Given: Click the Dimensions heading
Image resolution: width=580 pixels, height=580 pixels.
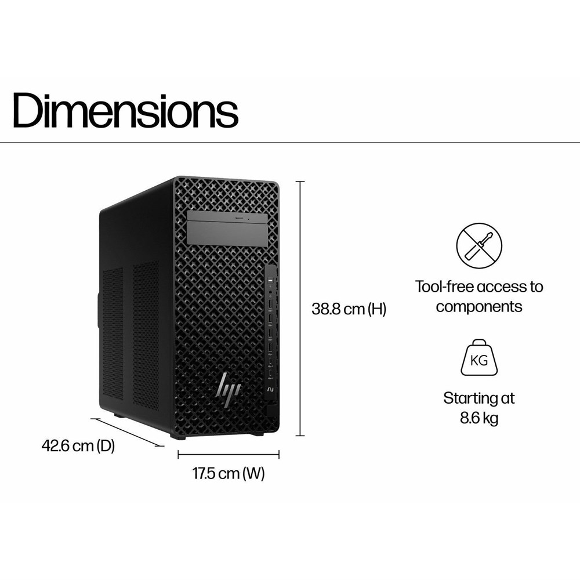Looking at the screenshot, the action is pyautogui.click(x=125, y=110).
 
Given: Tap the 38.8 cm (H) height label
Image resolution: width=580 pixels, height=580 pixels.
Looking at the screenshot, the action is pyautogui.click(x=349, y=309).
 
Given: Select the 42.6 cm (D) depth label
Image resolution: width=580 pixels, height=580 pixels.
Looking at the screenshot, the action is pyautogui.click(x=78, y=445).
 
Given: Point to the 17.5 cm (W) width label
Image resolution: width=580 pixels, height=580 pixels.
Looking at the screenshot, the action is pyautogui.click(x=228, y=473).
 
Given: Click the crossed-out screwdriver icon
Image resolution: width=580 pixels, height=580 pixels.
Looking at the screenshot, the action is pyautogui.click(x=479, y=246).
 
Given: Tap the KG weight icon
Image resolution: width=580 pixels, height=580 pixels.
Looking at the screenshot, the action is pyautogui.click(x=479, y=357).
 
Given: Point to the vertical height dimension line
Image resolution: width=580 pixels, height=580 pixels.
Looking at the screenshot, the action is pyautogui.click(x=300, y=309).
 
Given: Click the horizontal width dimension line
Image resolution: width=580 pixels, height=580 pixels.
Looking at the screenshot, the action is pyautogui.click(x=228, y=454).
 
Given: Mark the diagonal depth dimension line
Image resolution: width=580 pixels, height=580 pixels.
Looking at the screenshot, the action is pyautogui.click(x=128, y=432).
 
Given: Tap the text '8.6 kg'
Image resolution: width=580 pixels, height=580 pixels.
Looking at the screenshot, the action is pyautogui.click(x=479, y=418).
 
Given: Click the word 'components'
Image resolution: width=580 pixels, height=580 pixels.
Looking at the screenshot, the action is pyautogui.click(x=479, y=307).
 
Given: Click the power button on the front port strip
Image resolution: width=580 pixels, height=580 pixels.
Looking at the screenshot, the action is pyautogui.click(x=270, y=281).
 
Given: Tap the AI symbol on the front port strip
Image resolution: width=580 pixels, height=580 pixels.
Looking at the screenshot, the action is pyautogui.click(x=270, y=390).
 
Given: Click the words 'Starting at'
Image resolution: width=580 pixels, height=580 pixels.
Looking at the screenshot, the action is pyautogui.click(x=479, y=398).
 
